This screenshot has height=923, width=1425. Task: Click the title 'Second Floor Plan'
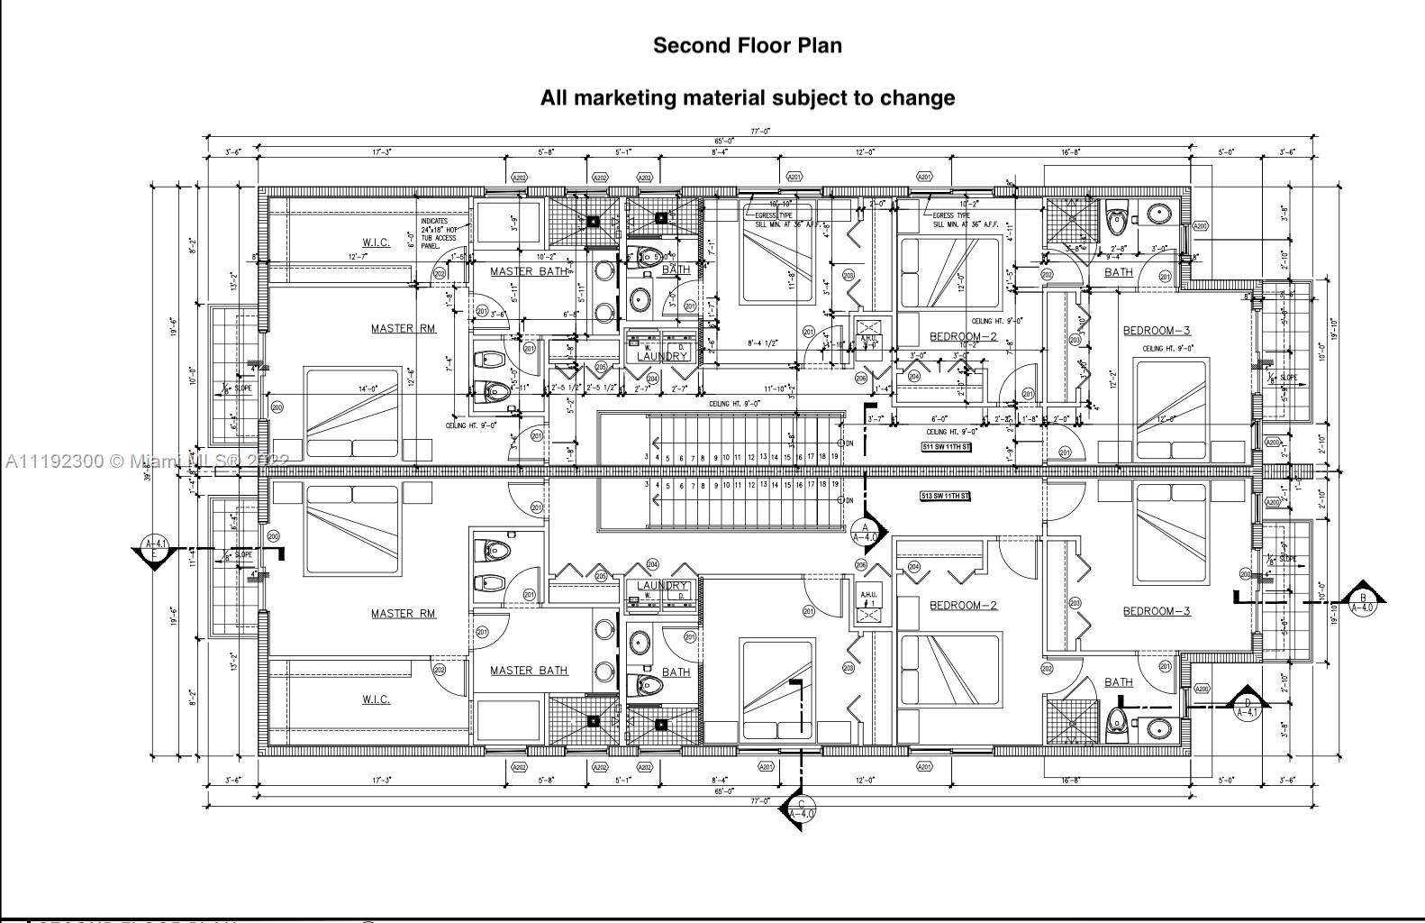point(747,46)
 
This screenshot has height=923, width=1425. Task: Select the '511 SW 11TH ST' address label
point(946,447)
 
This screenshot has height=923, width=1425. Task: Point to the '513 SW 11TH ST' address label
point(945,496)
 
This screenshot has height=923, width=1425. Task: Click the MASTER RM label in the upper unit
point(403,329)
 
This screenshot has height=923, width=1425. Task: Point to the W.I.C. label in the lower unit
point(377,699)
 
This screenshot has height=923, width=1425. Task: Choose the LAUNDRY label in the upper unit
point(662,356)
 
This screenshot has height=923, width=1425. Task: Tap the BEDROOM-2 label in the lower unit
point(963,605)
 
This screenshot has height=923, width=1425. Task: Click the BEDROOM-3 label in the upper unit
point(1157,331)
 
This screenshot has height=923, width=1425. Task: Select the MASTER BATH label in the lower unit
point(529,671)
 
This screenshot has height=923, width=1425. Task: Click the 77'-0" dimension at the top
point(760,132)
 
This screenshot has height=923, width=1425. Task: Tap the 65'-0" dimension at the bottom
point(724,790)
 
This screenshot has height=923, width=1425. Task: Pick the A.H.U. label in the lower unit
point(868,595)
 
